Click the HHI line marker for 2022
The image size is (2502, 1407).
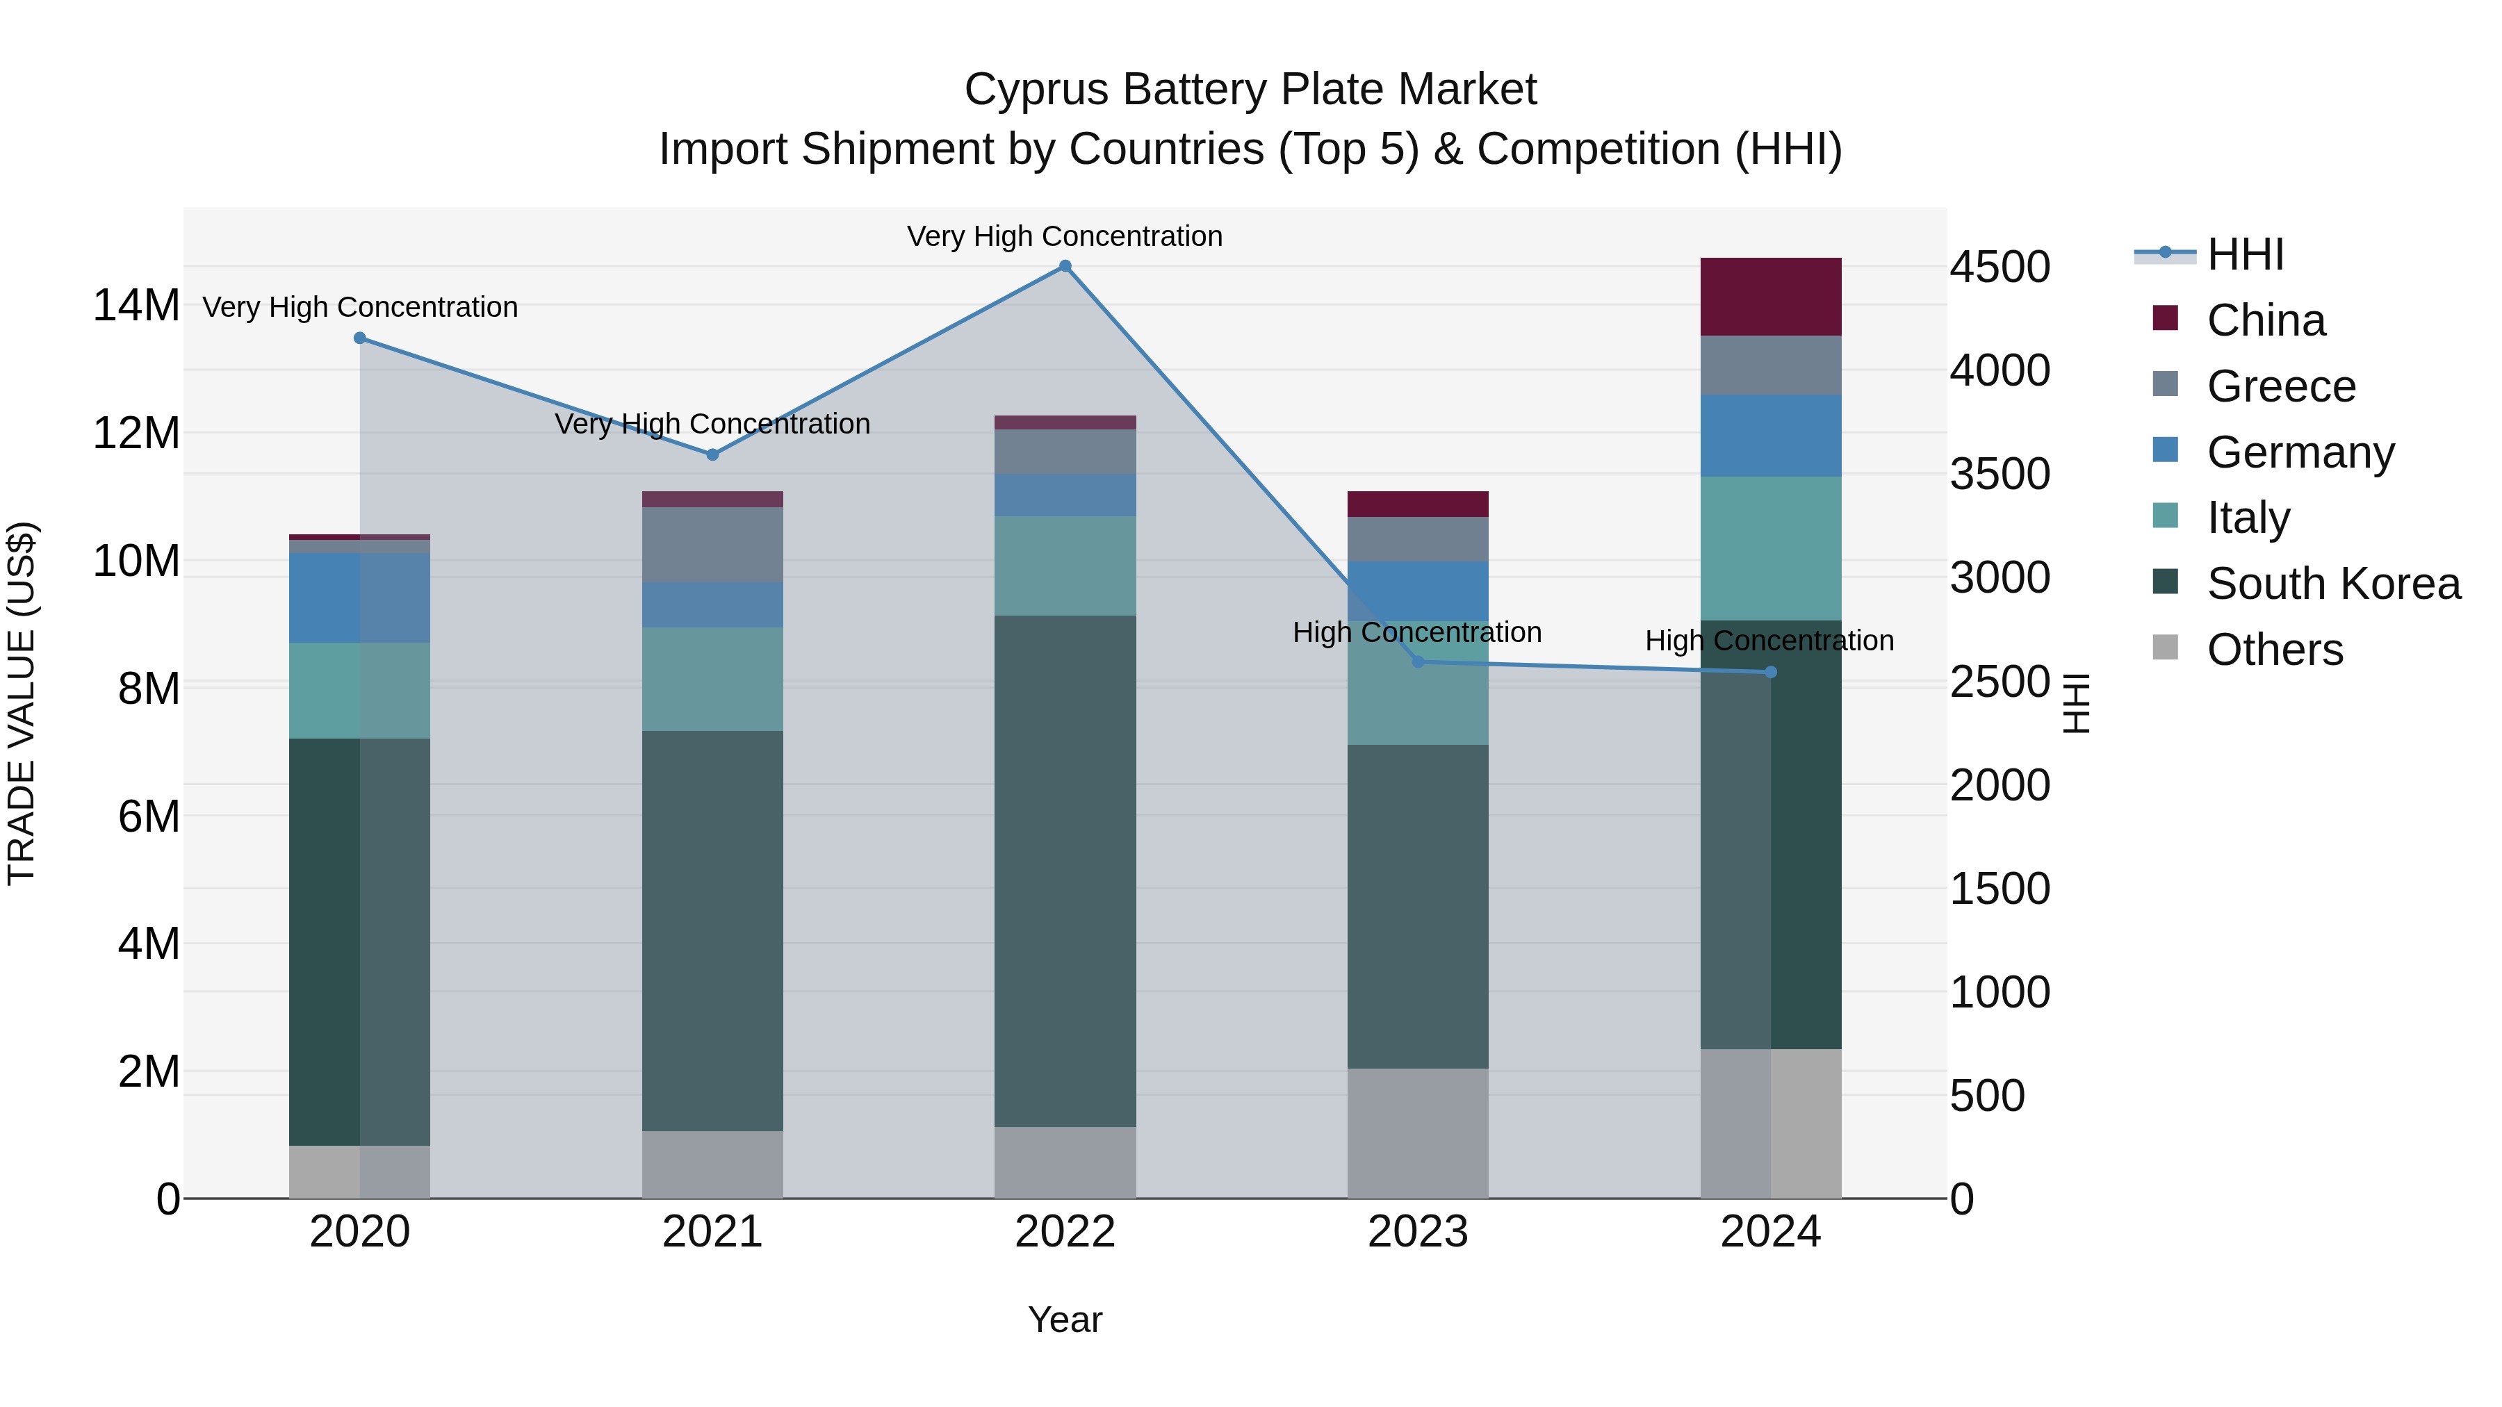[1065, 266]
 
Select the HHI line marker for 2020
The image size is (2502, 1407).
[359, 338]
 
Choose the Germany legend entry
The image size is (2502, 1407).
[2299, 452]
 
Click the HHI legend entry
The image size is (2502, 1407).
[2243, 254]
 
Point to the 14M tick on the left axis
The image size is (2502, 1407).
[136, 306]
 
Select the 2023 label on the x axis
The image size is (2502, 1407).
[1417, 1232]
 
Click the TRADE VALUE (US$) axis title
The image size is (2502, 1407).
[22, 703]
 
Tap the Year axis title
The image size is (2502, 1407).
[1065, 1319]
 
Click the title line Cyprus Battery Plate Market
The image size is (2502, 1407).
[1250, 90]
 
